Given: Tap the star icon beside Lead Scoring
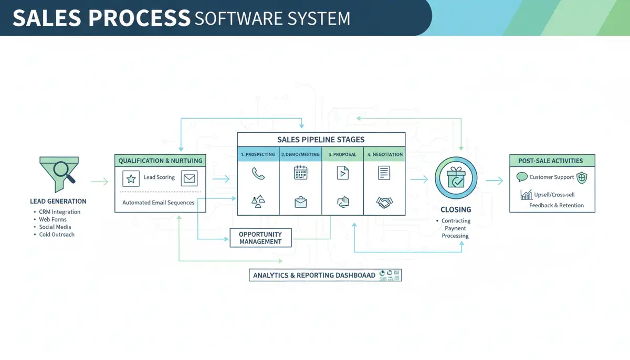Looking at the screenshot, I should (131, 178).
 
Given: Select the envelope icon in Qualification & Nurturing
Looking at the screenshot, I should (189, 178).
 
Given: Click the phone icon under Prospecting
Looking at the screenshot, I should (258, 174).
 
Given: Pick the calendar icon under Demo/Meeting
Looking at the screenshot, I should (300, 173).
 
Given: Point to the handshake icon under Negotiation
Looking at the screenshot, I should (384, 202).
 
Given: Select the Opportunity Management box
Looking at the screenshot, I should (260, 238).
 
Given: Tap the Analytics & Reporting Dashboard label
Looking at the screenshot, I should (314, 275).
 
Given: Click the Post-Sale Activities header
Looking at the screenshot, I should (552, 161).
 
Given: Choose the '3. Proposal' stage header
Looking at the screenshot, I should (342, 155).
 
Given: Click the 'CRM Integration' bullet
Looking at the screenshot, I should (59, 212).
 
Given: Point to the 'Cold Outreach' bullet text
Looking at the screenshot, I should (57, 235).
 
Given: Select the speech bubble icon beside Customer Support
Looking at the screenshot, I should (522, 177).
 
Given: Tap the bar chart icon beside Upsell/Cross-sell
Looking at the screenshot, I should (526, 195).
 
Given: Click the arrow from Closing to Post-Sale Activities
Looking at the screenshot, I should (494, 181).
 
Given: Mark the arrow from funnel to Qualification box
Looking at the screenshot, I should (99, 182).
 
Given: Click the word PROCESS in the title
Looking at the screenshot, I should (139, 18).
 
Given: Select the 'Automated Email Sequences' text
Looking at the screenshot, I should (158, 203).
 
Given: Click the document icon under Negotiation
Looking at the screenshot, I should (384, 173).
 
